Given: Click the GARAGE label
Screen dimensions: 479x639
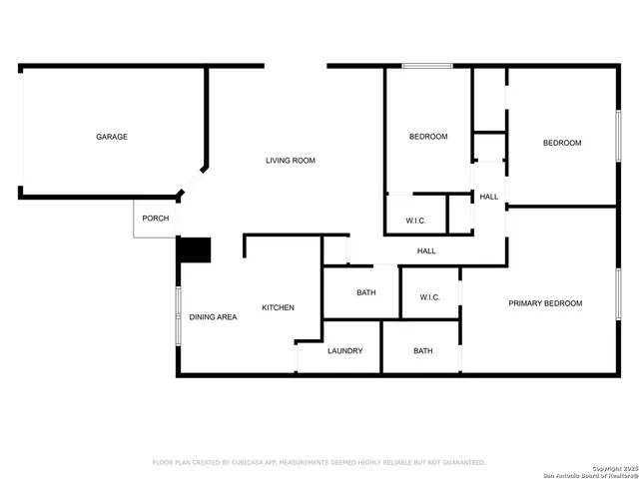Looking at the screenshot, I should click(112, 137).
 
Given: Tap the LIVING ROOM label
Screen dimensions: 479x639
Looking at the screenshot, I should click(291, 161).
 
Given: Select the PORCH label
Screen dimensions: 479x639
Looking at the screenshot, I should click(155, 219).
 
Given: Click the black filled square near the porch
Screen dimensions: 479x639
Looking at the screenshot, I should click(195, 249).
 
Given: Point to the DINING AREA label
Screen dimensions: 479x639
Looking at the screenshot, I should click(214, 317).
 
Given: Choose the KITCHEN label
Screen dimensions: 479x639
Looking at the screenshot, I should click(278, 307).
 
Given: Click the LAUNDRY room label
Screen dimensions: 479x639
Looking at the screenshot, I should click(345, 351).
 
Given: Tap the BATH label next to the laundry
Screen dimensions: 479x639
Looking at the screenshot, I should click(423, 351).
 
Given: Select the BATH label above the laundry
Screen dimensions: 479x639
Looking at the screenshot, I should click(365, 293).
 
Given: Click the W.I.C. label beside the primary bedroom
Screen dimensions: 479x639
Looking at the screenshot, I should click(430, 297).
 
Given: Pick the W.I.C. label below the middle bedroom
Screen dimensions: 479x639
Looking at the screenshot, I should click(417, 220).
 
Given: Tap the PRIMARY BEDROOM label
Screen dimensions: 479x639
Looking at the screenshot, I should click(545, 303).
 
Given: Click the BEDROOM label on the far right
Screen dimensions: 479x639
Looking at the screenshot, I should click(562, 143).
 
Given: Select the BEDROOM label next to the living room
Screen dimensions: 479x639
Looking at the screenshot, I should click(428, 137).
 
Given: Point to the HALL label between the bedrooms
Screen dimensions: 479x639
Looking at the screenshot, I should click(489, 197).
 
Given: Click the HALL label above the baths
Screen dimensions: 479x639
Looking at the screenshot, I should click(426, 250).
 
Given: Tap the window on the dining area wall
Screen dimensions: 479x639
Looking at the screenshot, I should click(179, 317).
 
